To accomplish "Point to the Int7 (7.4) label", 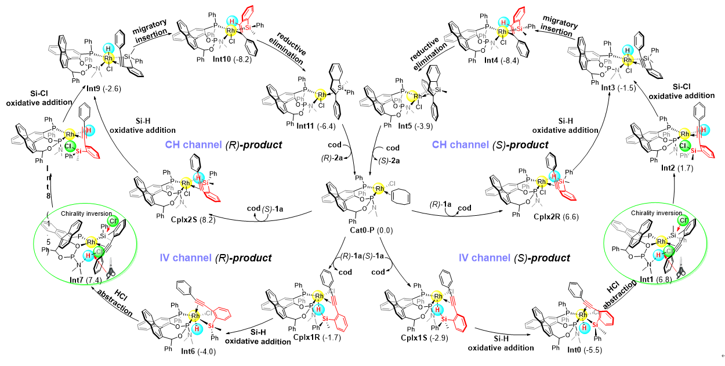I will pos(90,280).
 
